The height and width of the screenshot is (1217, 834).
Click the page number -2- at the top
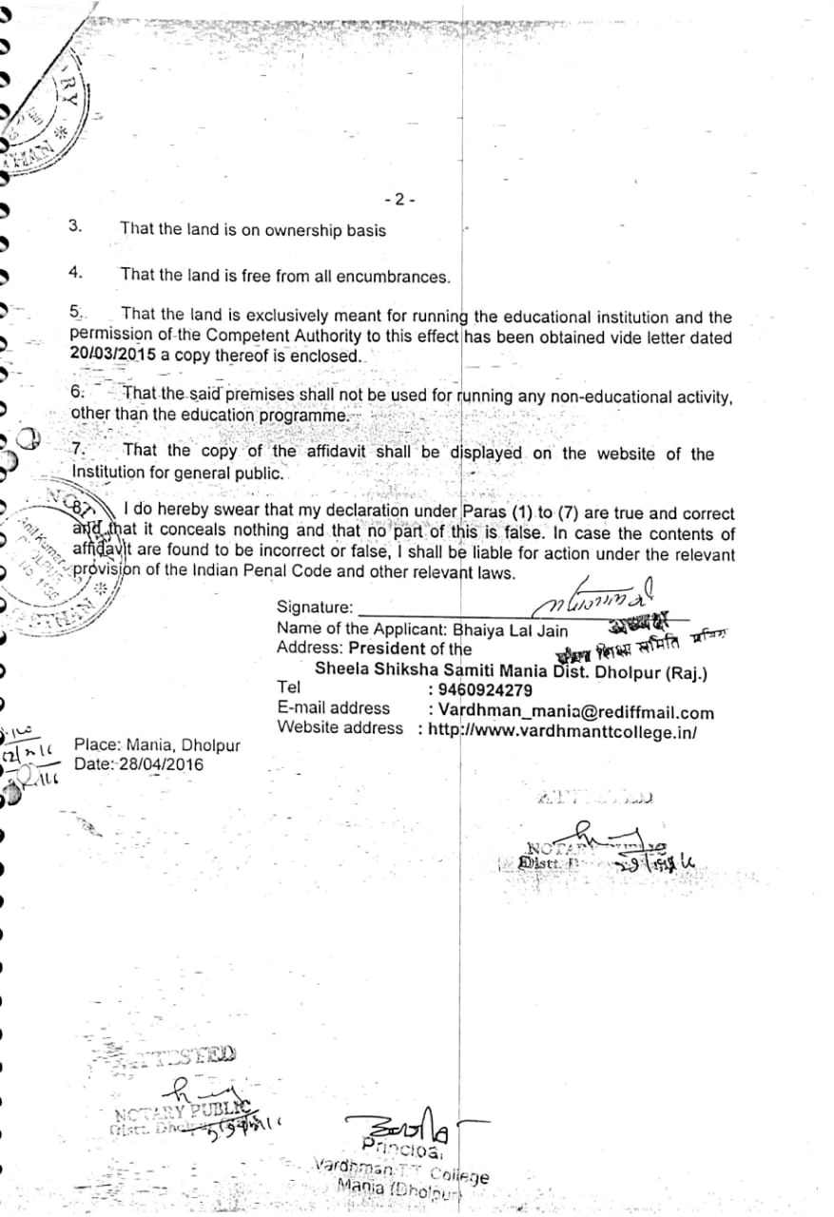point(400,200)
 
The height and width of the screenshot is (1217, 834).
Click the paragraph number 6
point(78,393)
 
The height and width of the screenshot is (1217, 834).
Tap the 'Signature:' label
point(315,608)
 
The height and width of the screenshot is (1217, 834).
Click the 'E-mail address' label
point(333,708)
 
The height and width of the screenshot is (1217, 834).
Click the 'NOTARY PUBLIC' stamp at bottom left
point(181,1112)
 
